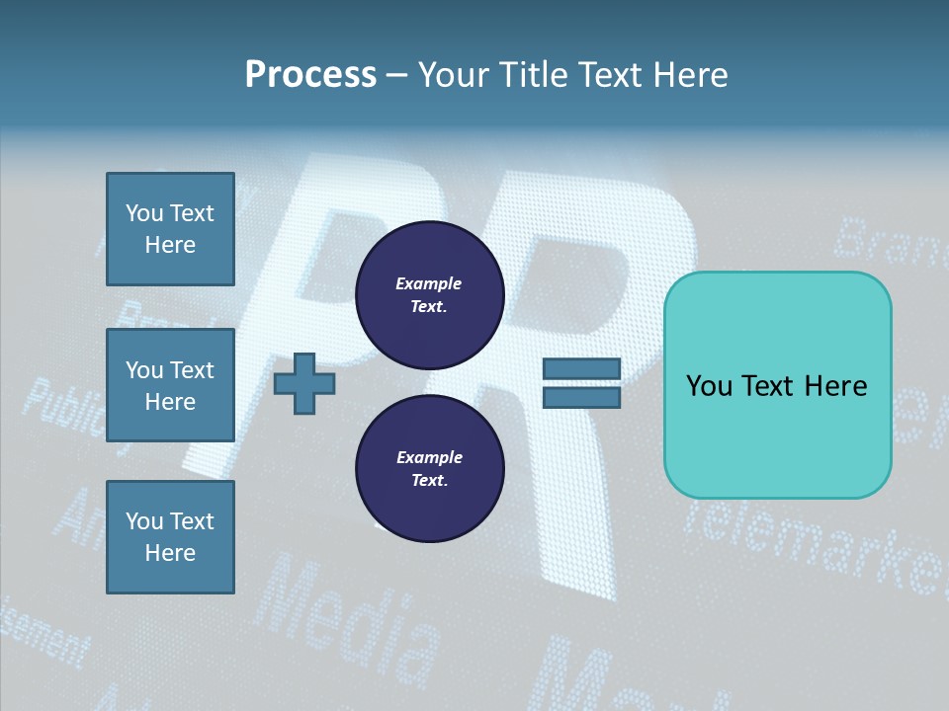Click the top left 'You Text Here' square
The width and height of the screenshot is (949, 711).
pos(170,229)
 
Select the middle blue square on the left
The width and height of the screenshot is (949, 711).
pos(170,385)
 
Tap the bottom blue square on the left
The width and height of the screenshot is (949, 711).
pos(170,537)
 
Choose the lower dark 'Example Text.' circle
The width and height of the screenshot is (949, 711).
pos(429,469)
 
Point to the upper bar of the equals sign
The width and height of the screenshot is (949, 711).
pos(581,369)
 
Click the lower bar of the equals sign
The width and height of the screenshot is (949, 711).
pos(581,398)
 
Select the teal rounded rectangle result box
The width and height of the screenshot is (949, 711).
pos(777,385)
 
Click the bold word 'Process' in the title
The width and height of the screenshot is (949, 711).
pos(310,74)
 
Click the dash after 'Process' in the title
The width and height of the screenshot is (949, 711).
pos(397,76)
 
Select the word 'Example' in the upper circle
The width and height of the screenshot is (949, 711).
pos(429,284)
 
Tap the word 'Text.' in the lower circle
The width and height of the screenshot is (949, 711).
pos(429,481)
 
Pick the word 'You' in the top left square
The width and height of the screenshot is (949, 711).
pos(144,213)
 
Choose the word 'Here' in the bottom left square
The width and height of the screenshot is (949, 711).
pos(170,553)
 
